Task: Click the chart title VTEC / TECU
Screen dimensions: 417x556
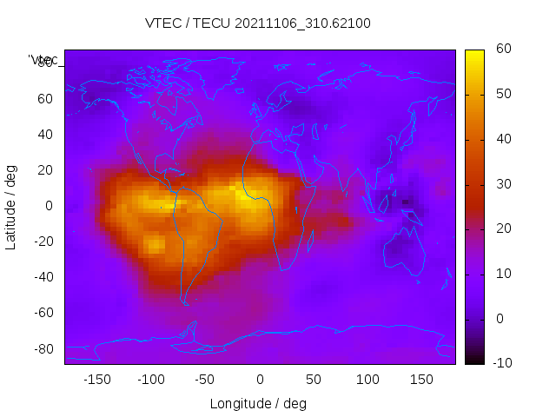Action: (x=258, y=23)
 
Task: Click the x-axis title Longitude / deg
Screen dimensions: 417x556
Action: (x=258, y=403)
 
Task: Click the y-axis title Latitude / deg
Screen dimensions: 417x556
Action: (x=11, y=206)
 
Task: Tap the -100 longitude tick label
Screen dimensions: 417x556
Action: (x=151, y=379)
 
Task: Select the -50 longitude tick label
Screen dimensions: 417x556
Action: (x=205, y=379)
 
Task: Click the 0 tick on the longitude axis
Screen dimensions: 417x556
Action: (x=260, y=379)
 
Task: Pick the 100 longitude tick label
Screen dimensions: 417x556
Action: (x=367, y=379)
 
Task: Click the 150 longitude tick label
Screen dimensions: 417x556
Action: (x=421, y=379)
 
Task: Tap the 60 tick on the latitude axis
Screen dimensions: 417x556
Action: (x=45, y=99)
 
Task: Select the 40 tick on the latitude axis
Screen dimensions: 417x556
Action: (x=45, y=135)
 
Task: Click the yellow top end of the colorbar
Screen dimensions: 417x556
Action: (x=474, y=55)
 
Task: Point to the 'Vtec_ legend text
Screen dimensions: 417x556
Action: (x=43, y=60)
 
